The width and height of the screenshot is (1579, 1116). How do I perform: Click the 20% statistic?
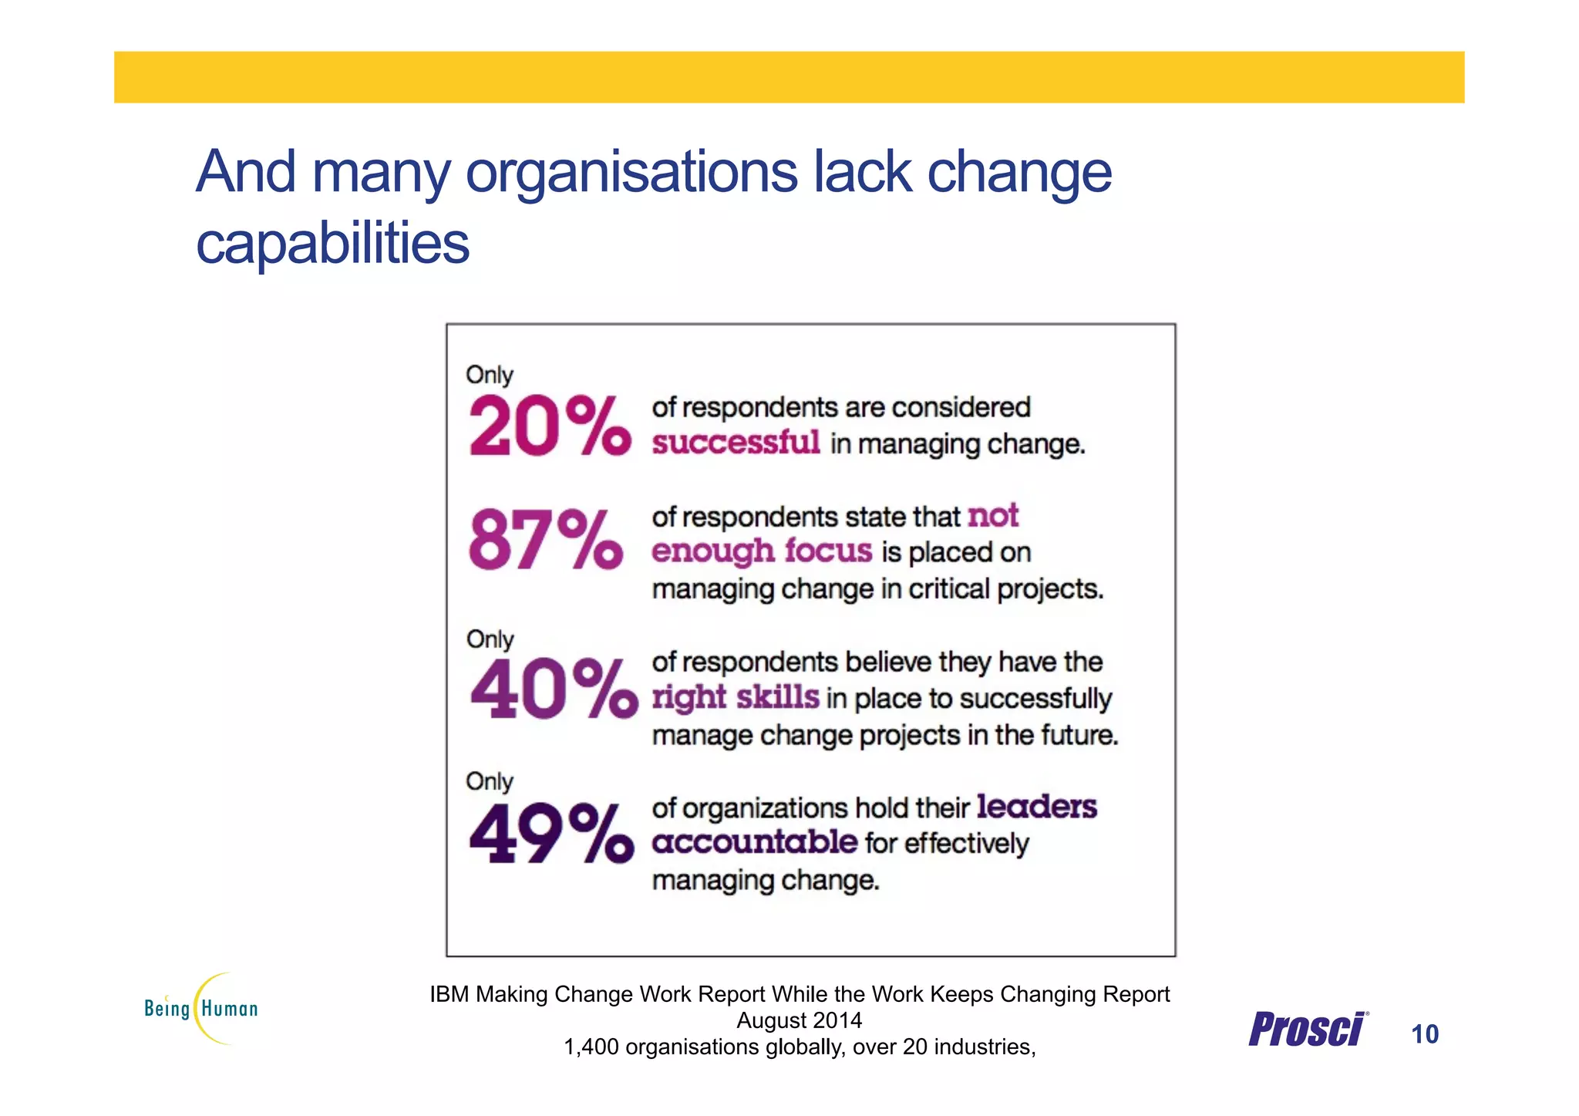point(549,426)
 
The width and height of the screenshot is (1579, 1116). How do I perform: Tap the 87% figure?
point(545,540)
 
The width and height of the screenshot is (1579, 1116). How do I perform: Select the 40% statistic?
point(554,688)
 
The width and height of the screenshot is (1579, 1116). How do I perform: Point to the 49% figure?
point(550,833)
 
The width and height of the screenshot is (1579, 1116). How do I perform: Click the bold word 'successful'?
point(736,443)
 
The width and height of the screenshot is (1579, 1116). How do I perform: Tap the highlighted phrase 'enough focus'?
point(762,551)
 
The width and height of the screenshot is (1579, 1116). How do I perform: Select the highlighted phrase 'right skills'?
point(735,697)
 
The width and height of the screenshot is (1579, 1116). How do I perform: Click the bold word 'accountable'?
point(754,841)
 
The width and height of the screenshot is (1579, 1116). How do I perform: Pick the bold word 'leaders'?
point(1036,807)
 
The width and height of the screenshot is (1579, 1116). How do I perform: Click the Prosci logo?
point(1308,1030)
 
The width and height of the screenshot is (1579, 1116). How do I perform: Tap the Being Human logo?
point(201,1008)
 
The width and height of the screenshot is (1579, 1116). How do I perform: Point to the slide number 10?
point(1424,1033)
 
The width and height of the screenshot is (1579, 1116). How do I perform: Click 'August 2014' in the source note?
point(799,1020)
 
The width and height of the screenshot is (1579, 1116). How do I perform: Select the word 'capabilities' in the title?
point(332,243)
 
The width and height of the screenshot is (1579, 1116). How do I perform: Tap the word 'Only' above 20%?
point(489,375)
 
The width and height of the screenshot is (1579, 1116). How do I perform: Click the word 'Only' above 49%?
point(489,781)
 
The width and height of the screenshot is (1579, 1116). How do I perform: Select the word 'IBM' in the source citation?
point(449,994)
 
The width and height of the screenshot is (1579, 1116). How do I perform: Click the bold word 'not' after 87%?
point(992,515)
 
